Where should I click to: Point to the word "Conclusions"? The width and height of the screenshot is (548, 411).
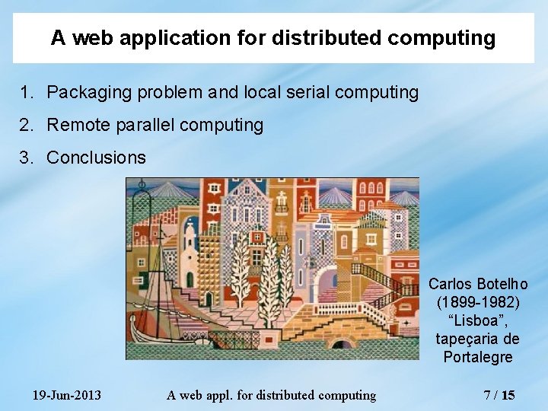tap(96, 158)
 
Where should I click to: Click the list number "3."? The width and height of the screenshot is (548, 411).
tap(27, 158)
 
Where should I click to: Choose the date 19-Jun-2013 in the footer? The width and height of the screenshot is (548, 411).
tap(67, 395)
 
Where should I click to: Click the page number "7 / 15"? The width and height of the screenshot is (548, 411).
tap(499, 395)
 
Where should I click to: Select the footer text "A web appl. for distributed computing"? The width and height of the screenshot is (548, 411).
tap(271, 395)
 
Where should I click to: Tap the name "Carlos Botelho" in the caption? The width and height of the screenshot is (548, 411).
tap(478, 284)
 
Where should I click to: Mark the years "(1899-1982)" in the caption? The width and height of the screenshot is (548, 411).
tap(478, 302)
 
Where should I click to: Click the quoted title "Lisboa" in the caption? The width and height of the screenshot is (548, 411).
tap(478, 320)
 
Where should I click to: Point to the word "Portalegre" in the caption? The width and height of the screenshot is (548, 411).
tap(478, 357)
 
